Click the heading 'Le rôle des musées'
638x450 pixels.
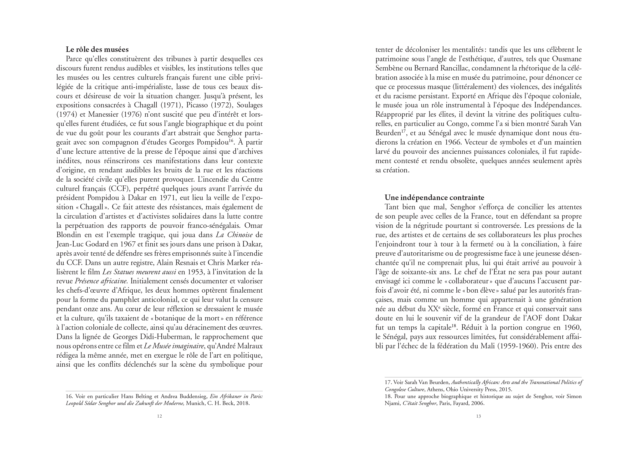coord(97,50)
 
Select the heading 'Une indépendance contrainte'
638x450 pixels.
coord(434,198)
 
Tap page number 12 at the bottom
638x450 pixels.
coord(159,416)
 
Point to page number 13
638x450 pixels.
coord(478,416)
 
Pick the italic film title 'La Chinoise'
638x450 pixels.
coord(234,235)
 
